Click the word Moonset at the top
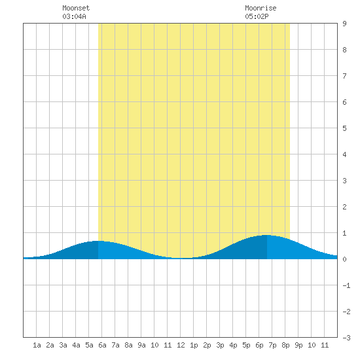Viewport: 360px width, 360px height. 76,8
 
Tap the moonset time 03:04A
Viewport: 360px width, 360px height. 74,16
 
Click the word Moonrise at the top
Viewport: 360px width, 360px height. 261,8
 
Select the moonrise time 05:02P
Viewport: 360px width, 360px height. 257,16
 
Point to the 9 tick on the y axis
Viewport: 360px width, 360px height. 344,24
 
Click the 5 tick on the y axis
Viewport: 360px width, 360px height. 344,128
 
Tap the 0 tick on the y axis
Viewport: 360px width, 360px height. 344,259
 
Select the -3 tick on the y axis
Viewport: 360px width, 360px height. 346,338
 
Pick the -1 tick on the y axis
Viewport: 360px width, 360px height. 346,285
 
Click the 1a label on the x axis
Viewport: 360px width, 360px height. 37,345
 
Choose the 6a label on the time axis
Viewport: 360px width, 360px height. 102,345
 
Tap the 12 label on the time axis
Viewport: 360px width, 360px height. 181,345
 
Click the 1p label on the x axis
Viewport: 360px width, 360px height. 194,345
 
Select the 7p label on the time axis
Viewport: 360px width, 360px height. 272,345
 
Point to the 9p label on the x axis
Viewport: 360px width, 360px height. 298,345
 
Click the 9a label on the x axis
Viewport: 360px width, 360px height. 141,345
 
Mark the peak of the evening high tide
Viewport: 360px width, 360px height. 266,235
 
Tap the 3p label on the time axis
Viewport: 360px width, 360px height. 220,345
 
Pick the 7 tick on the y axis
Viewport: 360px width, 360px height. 344,76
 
